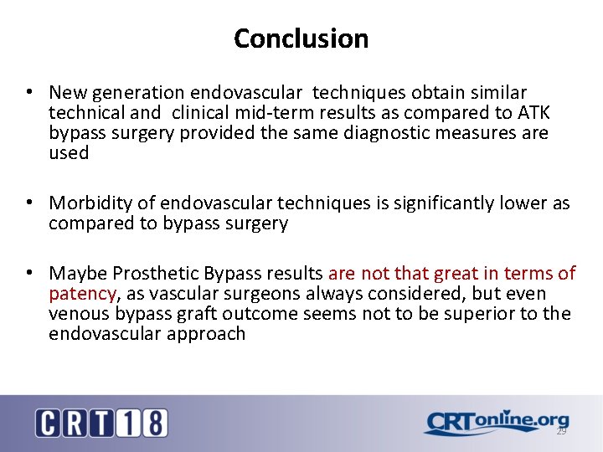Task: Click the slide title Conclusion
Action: coord(301,39)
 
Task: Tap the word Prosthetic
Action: coord(147,274)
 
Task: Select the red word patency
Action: coord(82,294)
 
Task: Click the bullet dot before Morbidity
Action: coord(29,203)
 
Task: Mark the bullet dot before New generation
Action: coord(29,92)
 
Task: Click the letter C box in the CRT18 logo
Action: coord(48,423)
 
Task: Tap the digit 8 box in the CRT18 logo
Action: coord(153,423)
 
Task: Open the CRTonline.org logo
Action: coord(496,422)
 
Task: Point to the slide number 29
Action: coord(561,431)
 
